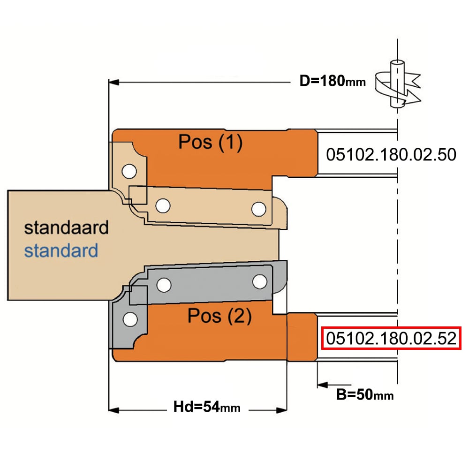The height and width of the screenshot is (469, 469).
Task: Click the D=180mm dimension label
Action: tap(333, 81)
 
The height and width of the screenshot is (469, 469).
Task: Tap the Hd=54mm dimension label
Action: tap(207, 407)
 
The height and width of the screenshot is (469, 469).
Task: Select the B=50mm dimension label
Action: tap(364, 394)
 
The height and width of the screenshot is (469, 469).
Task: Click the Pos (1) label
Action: tap(210, 142)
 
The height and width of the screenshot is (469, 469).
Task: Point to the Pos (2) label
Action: tap(219, 316)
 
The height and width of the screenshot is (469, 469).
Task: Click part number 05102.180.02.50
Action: tap(391, 155)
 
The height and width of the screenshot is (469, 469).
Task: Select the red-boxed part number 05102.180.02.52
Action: tap(391, 338)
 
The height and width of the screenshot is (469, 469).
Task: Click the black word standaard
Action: tap(66, 228)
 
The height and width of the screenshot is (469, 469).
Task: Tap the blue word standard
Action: tap(61, 250)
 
